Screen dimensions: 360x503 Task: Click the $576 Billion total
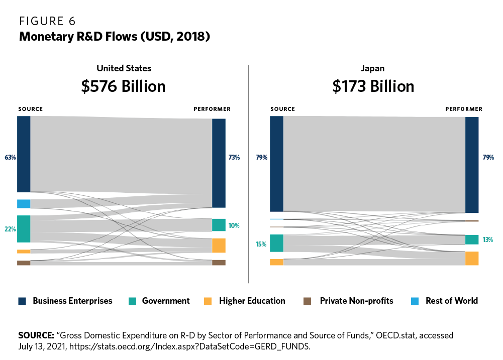pos(123,86)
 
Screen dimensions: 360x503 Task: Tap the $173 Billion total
pos(373,86)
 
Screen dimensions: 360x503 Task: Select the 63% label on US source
pos(11,158)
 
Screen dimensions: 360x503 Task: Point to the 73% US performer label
pos(234,158)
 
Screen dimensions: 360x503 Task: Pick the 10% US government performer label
pos(234,226)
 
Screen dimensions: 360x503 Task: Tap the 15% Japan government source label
pos(261,244)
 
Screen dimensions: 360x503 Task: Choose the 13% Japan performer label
pos(487,240)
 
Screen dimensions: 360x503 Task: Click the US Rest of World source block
pos(24,204)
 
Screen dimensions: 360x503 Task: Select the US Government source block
pos(24,229)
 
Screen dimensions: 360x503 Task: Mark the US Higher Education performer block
pos(219,246)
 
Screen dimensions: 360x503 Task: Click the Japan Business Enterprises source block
pos(276,164)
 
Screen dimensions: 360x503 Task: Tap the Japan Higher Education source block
pos(276,262)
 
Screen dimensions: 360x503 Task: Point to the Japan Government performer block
pos(472,240)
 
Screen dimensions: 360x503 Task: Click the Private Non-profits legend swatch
pos(308,301)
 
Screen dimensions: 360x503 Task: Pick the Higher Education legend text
pos(252,301)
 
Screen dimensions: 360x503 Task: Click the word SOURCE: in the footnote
pos(36,335)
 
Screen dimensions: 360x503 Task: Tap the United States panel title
pos(124,68)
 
